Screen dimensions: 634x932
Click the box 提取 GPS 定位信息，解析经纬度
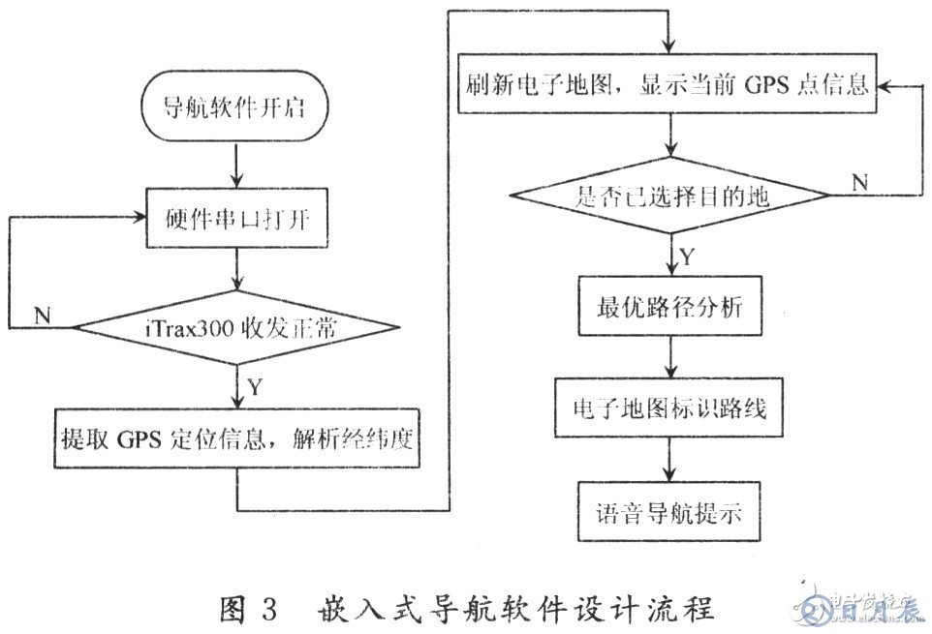point(236,441)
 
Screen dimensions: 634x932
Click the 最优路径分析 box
point(668,308)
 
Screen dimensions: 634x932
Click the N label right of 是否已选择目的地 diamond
point(860,180)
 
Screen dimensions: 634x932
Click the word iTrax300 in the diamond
point(183,327)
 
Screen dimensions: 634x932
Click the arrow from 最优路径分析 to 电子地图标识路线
point(668,358)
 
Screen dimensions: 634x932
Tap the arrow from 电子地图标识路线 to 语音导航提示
point(668,460)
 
